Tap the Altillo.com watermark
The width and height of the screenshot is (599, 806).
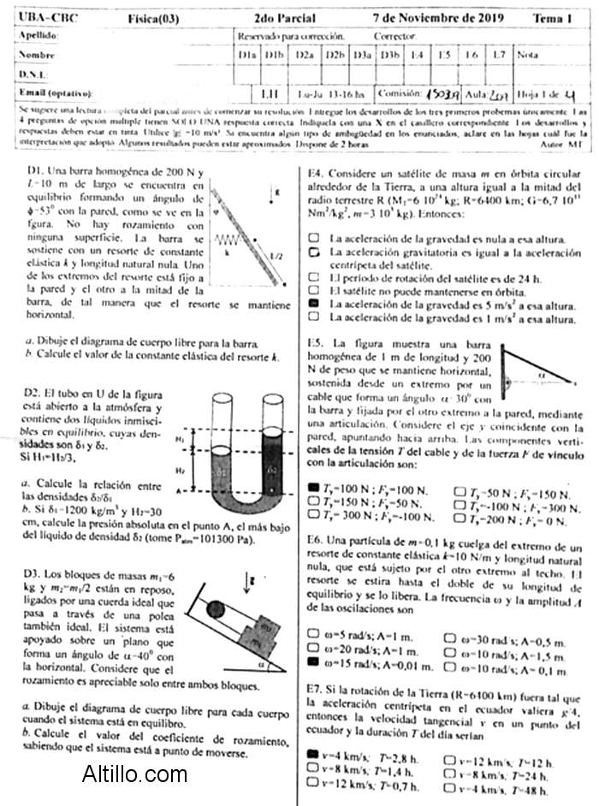(134, 775)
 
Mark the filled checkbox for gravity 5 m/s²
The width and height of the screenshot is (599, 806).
(316, 304)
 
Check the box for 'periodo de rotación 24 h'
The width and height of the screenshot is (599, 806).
(316, 278)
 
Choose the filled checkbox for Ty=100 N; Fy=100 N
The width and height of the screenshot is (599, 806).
(313, 488)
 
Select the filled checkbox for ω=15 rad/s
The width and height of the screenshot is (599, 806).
(313, 661)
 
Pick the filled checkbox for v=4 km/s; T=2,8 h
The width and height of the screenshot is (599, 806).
(313, 756)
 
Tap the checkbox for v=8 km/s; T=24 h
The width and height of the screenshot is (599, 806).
(451, 773)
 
